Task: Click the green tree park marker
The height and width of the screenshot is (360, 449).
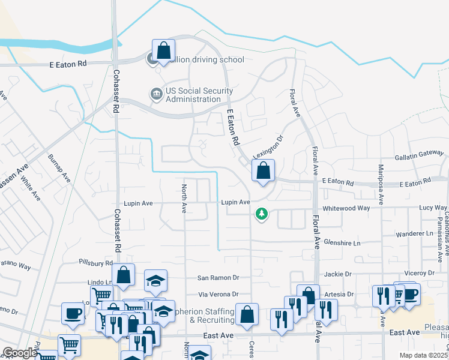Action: coord(261,214)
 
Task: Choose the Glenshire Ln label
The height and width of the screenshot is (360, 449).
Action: coord(342,243)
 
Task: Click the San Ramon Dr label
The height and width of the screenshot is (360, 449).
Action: coord(218,278)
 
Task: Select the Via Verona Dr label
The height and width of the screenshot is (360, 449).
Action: coord(218,295)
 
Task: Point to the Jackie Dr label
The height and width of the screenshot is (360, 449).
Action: coord(337,274)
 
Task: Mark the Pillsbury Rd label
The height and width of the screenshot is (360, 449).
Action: coord(95,263)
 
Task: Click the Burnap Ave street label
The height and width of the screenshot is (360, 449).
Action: coord(60,170)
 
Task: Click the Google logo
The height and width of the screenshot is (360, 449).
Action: coord(19,352)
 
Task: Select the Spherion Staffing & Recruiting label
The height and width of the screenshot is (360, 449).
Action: coord(203,316)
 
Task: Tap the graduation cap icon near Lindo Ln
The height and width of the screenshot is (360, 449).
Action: coord(155,281)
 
